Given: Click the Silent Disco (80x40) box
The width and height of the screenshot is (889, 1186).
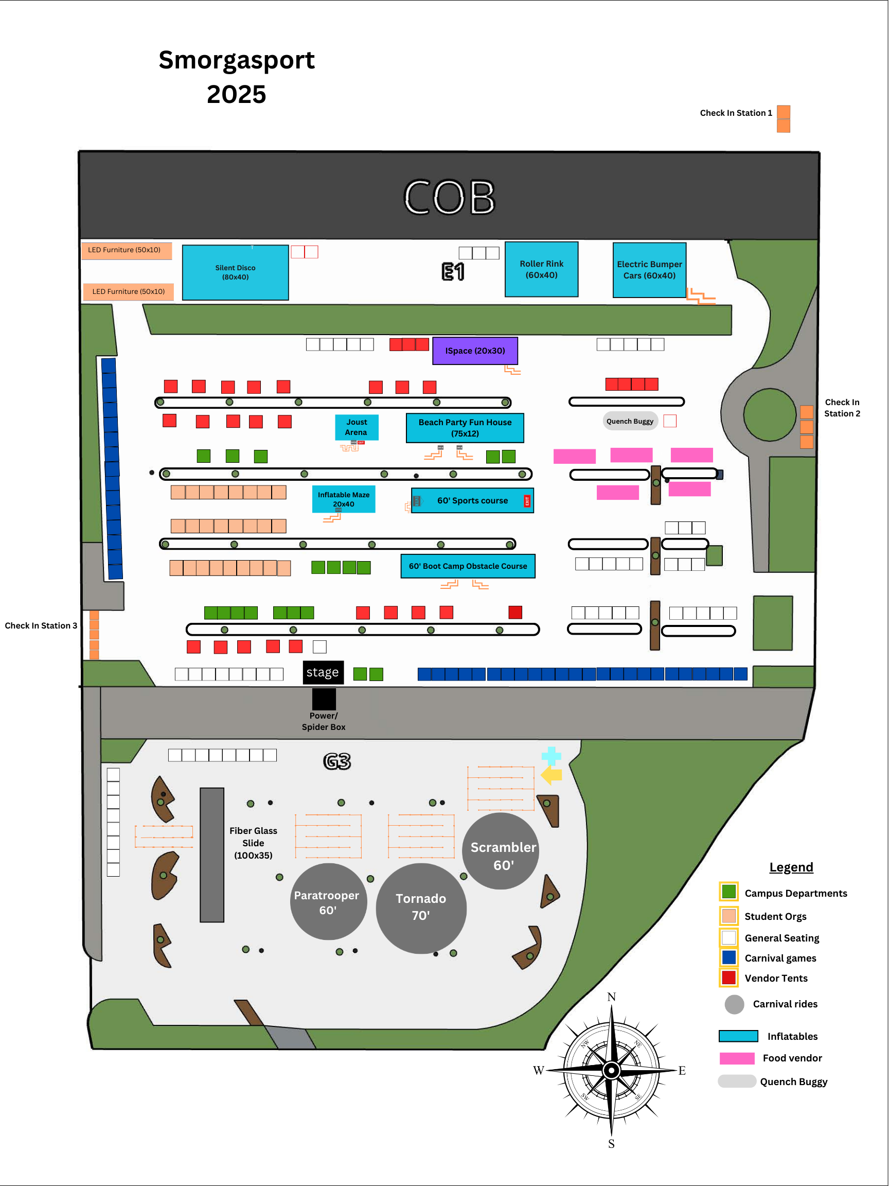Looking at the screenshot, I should [x=235, y=272].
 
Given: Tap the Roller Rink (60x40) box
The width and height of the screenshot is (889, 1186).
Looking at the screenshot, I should [x=541, y=269].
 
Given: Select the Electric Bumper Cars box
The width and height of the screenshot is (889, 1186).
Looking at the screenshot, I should [x=649, y=270].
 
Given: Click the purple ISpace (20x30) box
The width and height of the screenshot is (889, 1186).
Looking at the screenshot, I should [x=475, y=351].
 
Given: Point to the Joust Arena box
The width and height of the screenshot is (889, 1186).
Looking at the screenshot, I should [x=357, y=427].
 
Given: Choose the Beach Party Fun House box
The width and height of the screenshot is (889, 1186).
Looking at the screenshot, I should [x=465, y=428].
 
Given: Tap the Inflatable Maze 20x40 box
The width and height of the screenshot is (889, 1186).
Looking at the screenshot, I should [x=344, y=499].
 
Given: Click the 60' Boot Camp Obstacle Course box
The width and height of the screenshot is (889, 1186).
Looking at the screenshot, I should [x=468, y=566].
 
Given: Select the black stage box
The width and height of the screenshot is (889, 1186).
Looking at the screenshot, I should [x=323, y=672].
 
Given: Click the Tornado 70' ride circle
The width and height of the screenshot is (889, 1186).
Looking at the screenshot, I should [x=421, y=908].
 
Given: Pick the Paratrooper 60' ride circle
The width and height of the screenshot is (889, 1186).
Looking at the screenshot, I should [x=328, y=902].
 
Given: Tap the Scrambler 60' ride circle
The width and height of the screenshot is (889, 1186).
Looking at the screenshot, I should [x=501, y=851].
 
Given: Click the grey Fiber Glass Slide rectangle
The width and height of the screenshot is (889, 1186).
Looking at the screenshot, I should [x=211, y=854].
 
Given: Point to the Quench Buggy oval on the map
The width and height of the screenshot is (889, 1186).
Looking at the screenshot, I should [x=630, y=422].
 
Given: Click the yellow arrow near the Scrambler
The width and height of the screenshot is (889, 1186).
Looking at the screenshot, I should [x=552, y=775].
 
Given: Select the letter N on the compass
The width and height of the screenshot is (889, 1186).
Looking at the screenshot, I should [x=611, y=997].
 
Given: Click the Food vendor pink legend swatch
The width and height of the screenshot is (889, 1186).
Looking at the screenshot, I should [x=737, y=1058].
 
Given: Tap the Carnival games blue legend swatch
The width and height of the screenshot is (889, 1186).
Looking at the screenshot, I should [x=729, y=957].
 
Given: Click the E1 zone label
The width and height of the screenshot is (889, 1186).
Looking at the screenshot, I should [x=453, y=272].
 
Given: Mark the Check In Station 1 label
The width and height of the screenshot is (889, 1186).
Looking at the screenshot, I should [x=736, y=113].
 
